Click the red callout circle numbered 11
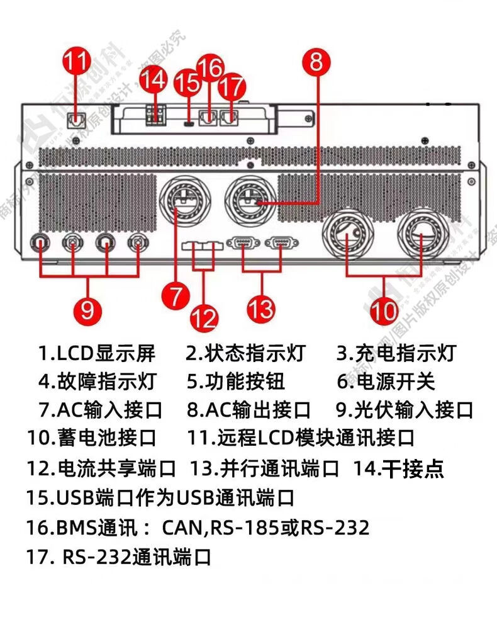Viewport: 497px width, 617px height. click(77, 63)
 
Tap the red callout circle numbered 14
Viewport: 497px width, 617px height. click(153, 80)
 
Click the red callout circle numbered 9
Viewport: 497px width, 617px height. click(87, 309)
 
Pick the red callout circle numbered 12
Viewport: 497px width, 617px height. click(203, 319)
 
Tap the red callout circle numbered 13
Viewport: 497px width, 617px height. click(260, 308)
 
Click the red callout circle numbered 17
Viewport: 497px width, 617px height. click(233, 84)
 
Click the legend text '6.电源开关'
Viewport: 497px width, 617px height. click(386, 382)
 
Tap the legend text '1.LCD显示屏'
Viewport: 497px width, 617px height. click(97, 354)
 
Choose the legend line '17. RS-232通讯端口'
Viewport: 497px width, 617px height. click(119, 557)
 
